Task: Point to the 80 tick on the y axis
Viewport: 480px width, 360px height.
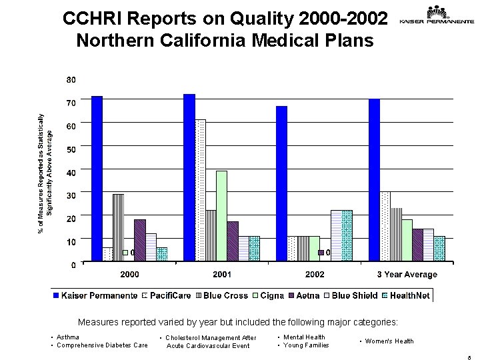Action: (71, 80)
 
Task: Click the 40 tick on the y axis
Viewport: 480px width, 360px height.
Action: (71, 172)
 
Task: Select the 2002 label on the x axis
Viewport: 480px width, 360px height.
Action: (315, 275)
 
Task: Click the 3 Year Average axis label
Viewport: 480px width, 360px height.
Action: (407, 275)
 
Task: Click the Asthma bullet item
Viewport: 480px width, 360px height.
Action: (69, 337)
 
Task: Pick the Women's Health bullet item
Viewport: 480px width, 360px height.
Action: (389, 341)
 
